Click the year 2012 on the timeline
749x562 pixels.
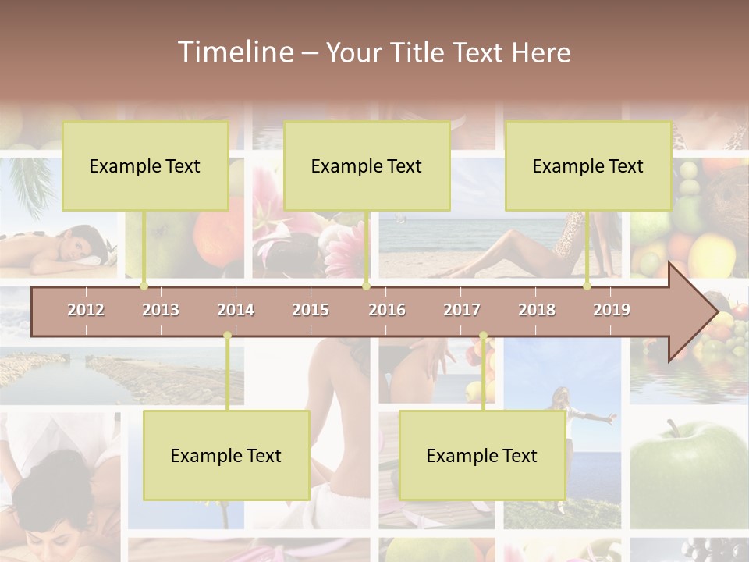pos(86,310)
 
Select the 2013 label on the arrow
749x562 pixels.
pos(161,310)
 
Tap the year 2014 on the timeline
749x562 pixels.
pos(236,310)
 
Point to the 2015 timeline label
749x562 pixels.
pos(311,310)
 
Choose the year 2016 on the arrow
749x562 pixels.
pos(387,310)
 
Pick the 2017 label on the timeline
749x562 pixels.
pos(462,310)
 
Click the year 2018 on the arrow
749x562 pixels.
pos(537,310)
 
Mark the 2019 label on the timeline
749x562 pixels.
pos(612,310)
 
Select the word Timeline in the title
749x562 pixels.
pos(234,52)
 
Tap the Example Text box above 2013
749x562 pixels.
pos(145,165)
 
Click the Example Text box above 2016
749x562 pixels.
pos(367,165)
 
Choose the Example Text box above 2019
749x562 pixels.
pos(588,165)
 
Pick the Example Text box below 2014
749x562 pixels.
pos(226,455)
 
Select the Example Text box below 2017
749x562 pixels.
pos(482,455)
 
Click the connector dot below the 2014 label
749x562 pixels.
pos(227,336)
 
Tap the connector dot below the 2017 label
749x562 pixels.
pos(483,336)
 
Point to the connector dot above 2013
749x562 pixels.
pos(144,286)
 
